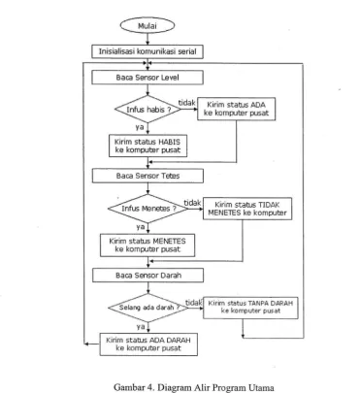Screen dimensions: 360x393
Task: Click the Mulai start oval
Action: [x=147, y=26]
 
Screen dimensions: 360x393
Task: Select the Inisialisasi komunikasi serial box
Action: [x=147, y=51]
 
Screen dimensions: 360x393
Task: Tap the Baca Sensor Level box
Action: [x=147, y=78]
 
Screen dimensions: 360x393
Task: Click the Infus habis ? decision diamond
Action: [x=147, y=110]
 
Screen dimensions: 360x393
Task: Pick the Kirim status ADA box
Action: [x=237, y=109]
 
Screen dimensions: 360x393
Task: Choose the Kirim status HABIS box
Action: [x=147, y=146]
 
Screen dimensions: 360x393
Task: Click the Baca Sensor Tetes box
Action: [x=147, y=176]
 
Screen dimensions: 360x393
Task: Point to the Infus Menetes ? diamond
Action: [x=148, y=209]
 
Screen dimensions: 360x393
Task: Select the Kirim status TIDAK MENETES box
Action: [x=247, y=209]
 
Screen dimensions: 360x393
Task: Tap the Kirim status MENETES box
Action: [x=147, y=246]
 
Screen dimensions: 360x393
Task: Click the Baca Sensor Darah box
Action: [x=148, y=276]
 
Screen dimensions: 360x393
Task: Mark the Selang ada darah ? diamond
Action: [x=148, y=308]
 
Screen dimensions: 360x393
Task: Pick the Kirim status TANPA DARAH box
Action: [x=250, y=308]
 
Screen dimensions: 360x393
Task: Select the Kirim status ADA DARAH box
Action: [x=148, y=344]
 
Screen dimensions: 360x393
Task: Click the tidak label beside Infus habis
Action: [x=187, y=103]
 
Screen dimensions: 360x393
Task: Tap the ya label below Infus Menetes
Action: [x=141, y=227]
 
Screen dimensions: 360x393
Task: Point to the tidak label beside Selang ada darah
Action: [x=193, y=303]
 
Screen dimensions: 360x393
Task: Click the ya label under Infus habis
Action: [x=140, y=127]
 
